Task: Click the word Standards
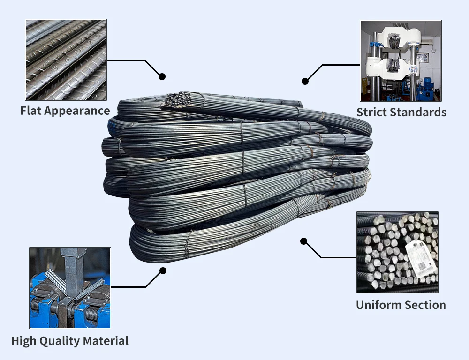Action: pyautogui.click(x=420, y=112)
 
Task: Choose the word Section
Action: pyautogui.click(x=424, y=305)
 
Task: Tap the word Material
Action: pyautogui.click(x=106, y=341)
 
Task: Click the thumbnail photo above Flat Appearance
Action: pyautogui.click(x=66, y=60)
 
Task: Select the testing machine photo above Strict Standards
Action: pyautogui.click(x=401, y=60)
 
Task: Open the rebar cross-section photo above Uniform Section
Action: pyautogui.click(x=397, y=253)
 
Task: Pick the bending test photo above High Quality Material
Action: pyautogui.click(x=70, y=288)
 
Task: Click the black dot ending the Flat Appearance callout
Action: pyautogui.click(x=162, y=76)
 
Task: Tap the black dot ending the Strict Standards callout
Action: pyautogui.click(x=305, y=81)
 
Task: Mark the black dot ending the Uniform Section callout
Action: pyautogui.click(x=303, y=241)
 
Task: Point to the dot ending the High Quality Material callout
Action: pyautogui.click(x=163, y=270)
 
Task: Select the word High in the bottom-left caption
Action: pyautogui.click(x=23, y=341)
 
